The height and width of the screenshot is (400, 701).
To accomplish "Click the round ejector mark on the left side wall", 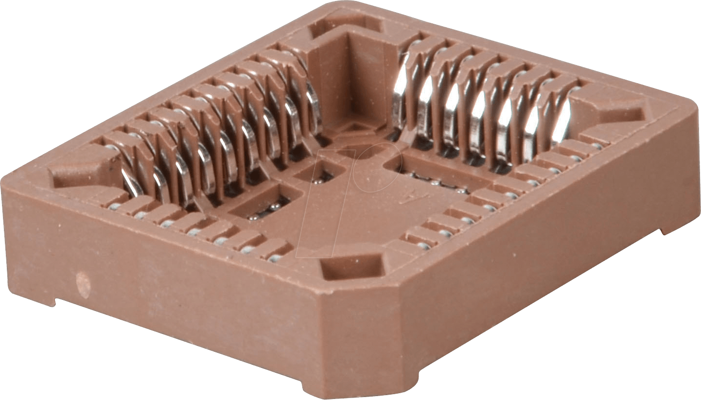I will coord(83,285).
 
